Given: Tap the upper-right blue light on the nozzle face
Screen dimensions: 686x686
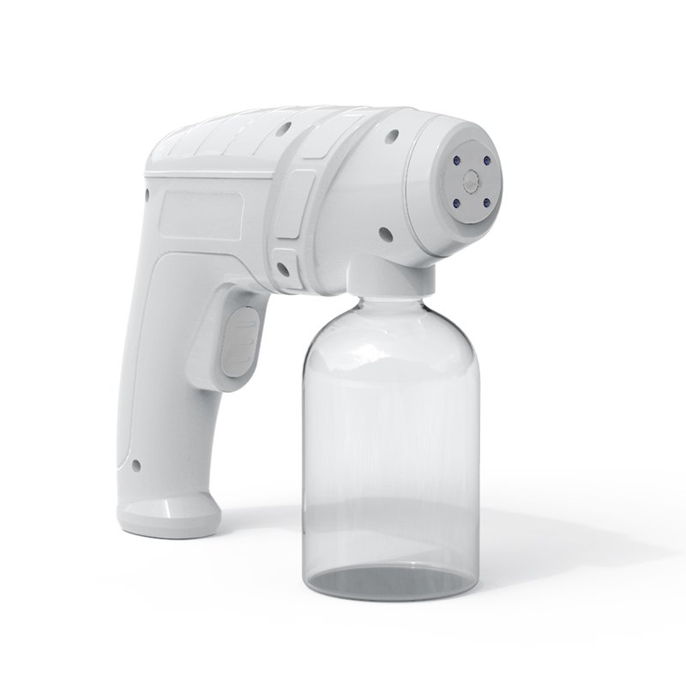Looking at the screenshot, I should [x=486, y=160].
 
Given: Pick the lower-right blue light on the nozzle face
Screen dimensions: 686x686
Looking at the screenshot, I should [x=486, y=202].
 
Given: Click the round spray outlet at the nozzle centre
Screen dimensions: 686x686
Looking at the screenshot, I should [x=470, y=181].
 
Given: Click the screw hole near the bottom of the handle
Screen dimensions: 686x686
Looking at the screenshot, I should [x=135, y=466].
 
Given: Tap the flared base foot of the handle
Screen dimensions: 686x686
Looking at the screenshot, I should [x=171, y=514].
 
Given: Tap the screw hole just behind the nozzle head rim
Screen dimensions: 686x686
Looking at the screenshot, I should [x=392, y=135].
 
